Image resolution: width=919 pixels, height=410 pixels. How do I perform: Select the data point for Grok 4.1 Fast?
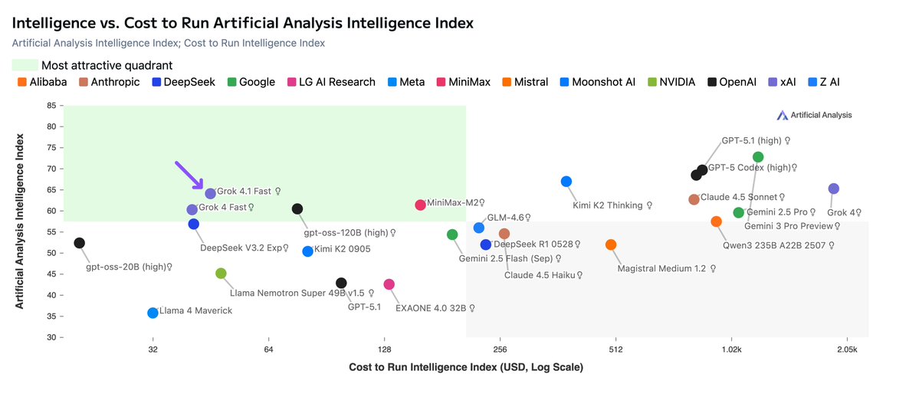tap(211, 194)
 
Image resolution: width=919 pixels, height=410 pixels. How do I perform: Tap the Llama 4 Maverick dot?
tap(153, 313)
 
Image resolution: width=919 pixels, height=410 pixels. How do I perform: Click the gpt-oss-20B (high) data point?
tap(79, 243)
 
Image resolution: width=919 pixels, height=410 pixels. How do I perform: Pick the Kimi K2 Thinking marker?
tap(566, 182)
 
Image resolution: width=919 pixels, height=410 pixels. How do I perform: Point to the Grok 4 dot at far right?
tap(834, 189)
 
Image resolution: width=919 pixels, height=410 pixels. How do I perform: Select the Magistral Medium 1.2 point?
tap(611, 244)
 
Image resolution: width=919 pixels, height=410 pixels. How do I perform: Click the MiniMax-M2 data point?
tap(420, 205)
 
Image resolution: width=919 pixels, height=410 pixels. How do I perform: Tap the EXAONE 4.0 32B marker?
tap(389, 284)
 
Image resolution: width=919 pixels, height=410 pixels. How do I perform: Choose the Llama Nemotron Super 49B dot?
tap(221, 274)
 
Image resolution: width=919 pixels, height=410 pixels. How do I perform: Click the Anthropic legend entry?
tap(109, 82)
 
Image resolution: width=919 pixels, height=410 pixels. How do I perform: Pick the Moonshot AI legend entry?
tap(598, 82)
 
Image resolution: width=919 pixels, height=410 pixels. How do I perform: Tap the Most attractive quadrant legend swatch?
tap(25, 65)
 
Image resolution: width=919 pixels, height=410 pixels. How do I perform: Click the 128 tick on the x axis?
tap(385, 349)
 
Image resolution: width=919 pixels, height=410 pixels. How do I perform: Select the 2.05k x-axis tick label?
tap(847, 349)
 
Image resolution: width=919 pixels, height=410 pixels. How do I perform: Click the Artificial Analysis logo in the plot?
tap(814, 115)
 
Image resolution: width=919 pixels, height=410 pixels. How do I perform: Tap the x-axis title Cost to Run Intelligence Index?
tap(466, 368)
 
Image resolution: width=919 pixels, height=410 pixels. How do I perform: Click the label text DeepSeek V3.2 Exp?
tap(244, 248)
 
